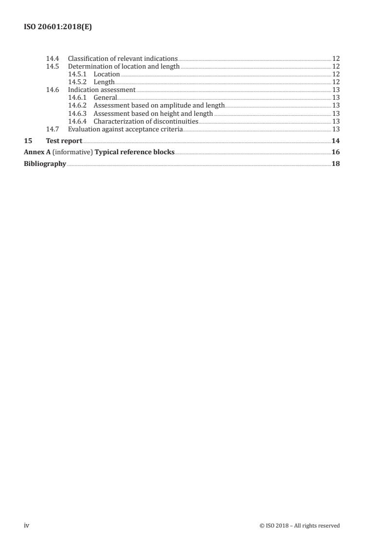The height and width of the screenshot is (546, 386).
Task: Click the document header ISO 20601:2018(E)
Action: (x=58, y=28)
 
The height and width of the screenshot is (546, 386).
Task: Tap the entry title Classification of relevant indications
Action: (x=123, y=59)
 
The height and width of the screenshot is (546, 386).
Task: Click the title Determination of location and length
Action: (x=124, y=67)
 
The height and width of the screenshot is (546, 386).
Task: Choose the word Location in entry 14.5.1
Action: (x=107, y=74)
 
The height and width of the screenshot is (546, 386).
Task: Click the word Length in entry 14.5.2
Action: (x=104, y=82)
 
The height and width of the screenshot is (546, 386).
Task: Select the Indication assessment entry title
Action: (x=101, y=90)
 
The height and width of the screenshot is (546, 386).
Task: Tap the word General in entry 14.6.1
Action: (x=105, y=98)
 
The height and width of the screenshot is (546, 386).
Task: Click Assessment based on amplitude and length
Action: (x=159, y=106)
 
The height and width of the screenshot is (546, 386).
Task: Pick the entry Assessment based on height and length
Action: (x=153, y=113)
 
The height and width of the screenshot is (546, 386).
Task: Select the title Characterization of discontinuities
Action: (x=146, y=121)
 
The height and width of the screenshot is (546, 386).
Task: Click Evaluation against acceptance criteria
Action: (x=125, y=129)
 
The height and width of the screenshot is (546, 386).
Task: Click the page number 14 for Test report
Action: (x=335, y=141)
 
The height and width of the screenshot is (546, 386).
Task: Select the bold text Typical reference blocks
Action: (x=134, y=152)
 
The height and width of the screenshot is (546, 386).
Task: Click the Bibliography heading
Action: (x=45, y=164)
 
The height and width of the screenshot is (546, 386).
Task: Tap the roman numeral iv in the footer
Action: (x=27, y=526)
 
